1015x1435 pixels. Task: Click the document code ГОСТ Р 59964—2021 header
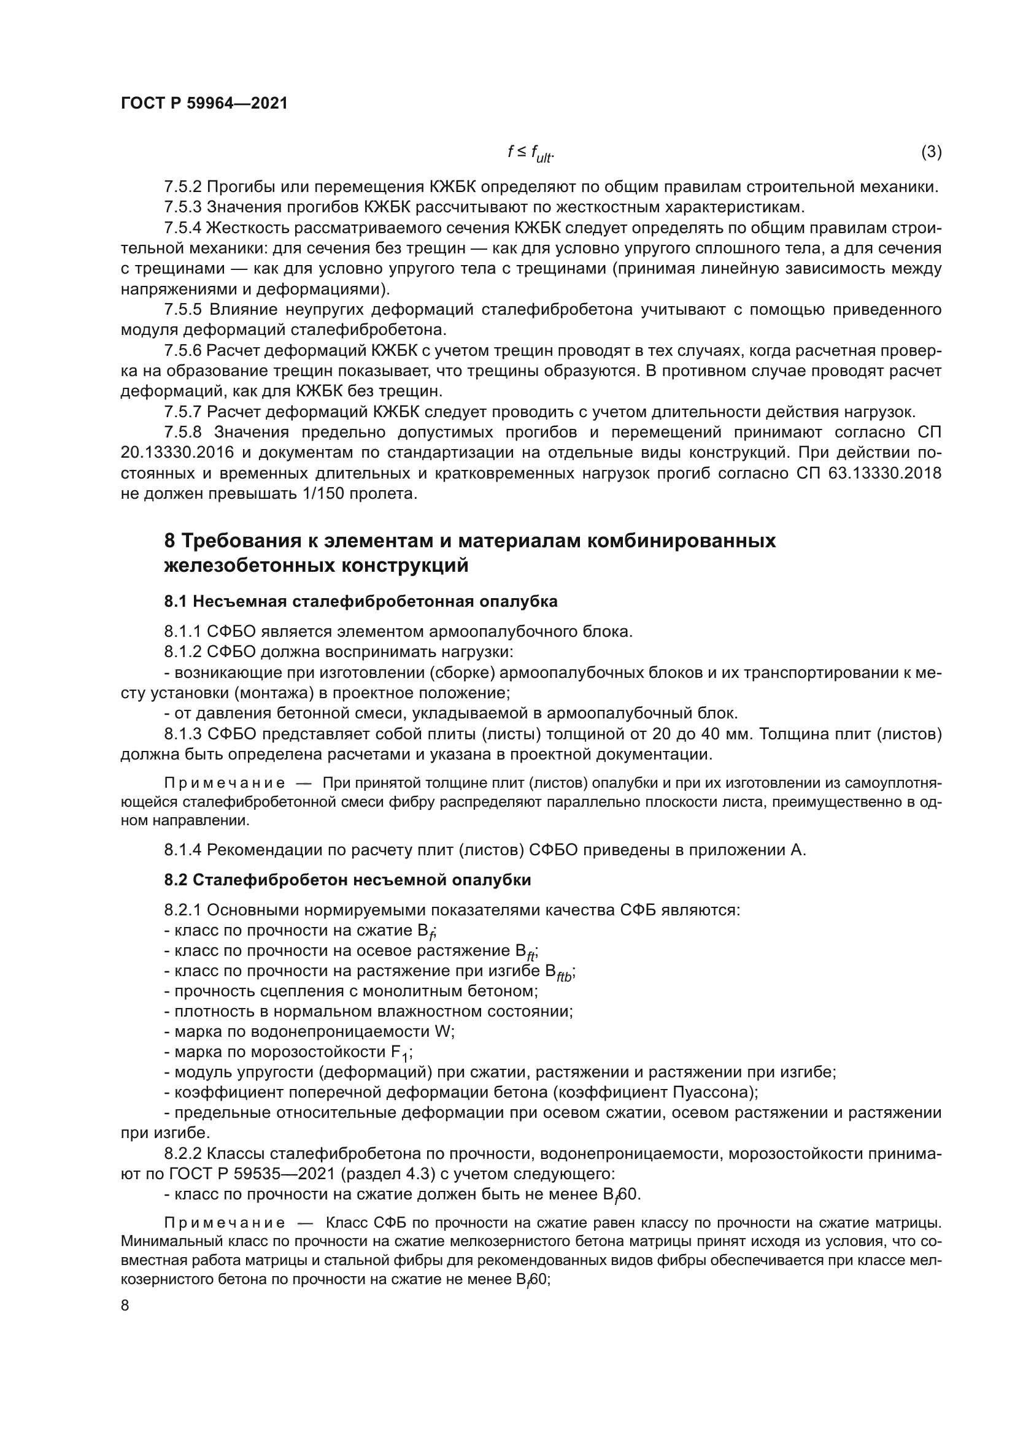coord(204,104)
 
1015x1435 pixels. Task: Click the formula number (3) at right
coord(931,152)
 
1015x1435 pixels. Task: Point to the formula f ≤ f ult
coord(530,153)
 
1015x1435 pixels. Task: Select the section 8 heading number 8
coord(169,541)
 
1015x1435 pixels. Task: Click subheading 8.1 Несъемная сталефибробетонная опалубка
coord(361,601)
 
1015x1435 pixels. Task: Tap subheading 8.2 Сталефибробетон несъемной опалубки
coord(347,880)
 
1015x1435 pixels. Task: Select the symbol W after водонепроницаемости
coord(442,1031)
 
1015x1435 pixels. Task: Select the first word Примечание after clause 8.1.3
coord(225,783)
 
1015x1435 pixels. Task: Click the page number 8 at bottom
coord(125,1306)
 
